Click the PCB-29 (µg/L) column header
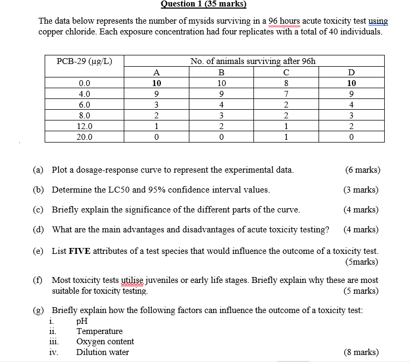click(x=84, y=61)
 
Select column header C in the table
click(x=286, y=73)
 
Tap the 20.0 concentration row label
click(x=84, y=137)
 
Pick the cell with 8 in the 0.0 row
click(x=286, y=83)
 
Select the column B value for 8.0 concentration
click(x=221, y=116)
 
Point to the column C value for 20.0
click(x=286, y=137)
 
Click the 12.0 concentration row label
click(x=84, y=126)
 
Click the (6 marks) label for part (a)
click(x=362, y=170)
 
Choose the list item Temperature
click(x=99, y=331)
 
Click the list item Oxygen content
click(x=105, y=342)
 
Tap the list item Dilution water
click(x=102, y=352)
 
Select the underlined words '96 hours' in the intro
click(x=284, y=22)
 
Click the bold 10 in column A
click(x=156, y=83)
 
